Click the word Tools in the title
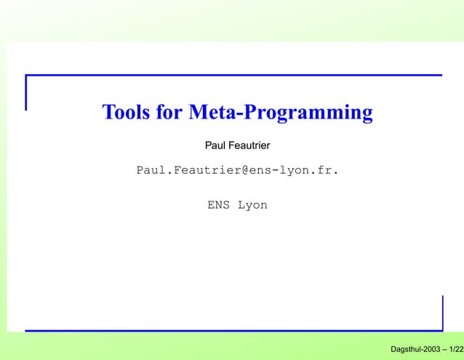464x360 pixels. [x=125, y=113]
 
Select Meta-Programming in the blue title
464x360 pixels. [x=281, y=113]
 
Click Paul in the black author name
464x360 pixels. [x=215, y=146]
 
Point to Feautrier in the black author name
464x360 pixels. [x=249, y=146]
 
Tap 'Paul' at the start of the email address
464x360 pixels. [x=151, y=171]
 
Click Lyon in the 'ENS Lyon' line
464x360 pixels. [x=252, y=206]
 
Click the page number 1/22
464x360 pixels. [x=456, y=351]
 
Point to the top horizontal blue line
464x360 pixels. [x=233, y=75]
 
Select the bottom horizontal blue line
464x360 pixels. [x=233, y=331]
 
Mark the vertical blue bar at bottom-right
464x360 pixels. [x=442, y=313]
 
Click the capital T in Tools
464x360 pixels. [x=108, y=113]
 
